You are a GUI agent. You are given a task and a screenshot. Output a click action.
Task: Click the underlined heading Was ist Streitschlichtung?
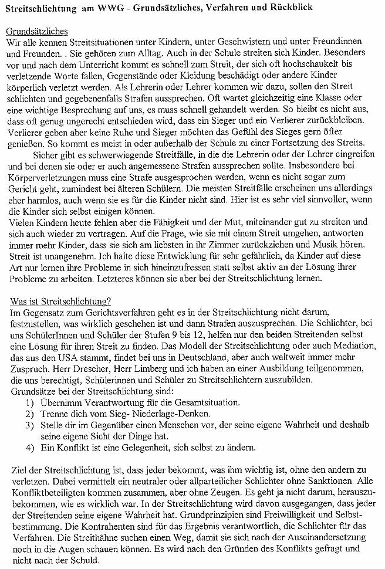[x=61, y=301]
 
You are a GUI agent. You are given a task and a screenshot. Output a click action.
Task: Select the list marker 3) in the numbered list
[x=31, y=425]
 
